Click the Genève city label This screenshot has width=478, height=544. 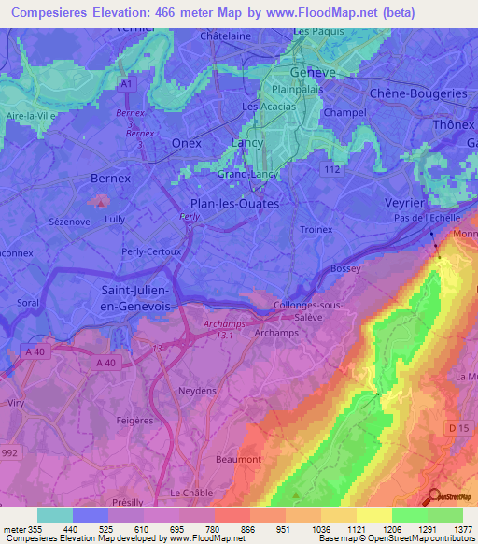click(314, 72)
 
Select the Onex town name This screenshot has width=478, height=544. click(187, 143)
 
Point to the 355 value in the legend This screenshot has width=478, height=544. click(35, 528)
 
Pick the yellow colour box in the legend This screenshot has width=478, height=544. click(373, 515)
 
